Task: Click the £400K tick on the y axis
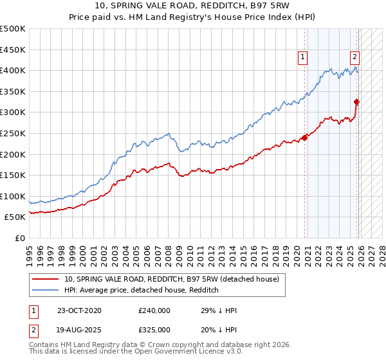[13, 71]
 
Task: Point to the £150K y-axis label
[13, 175]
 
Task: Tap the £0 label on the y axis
[19, 238]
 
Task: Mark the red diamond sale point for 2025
[356, 102]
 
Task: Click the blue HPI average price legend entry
[142, 291]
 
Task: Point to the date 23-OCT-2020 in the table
[79, 310]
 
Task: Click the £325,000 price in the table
[154, 330]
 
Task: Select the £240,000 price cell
[154, 310]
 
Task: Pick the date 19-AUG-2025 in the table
[79, 330]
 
